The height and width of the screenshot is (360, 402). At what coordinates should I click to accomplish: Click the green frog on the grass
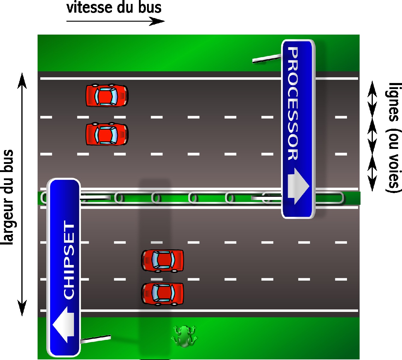pos(184,336)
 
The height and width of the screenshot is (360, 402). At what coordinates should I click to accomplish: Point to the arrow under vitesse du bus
pos(115,21)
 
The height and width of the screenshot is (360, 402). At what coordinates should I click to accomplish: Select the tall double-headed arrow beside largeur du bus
pos(22,194)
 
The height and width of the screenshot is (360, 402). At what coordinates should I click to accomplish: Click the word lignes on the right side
pos(394,102)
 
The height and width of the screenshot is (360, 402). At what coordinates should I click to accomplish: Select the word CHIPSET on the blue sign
pos(69,260)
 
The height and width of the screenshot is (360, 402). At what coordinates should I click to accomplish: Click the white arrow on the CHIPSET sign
pos(64,325)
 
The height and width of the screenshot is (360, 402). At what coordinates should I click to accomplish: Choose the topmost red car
pos(107,96)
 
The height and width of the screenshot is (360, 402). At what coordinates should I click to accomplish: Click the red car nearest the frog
pos(163,294)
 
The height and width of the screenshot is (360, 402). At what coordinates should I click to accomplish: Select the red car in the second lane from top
pos(107,134)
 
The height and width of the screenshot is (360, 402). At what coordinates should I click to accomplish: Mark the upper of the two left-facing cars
pos(163,260)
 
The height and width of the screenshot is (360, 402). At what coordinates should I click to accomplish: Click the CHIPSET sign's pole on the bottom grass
pos(96,339)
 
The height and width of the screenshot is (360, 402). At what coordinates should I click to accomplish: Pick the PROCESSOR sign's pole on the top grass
pos(266,59)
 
